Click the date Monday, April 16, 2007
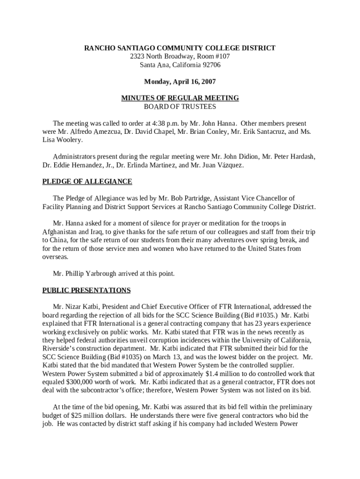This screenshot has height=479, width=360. tap(180, 81)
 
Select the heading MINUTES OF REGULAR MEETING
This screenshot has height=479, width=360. tap(180, 98)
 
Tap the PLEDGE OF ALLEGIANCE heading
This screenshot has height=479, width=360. tap(87, 181)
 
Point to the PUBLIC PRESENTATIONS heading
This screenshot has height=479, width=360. tap(86, 290)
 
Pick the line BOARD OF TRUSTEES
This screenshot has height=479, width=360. tap(180, 107)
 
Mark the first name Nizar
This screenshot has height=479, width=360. tap(74, 307)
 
